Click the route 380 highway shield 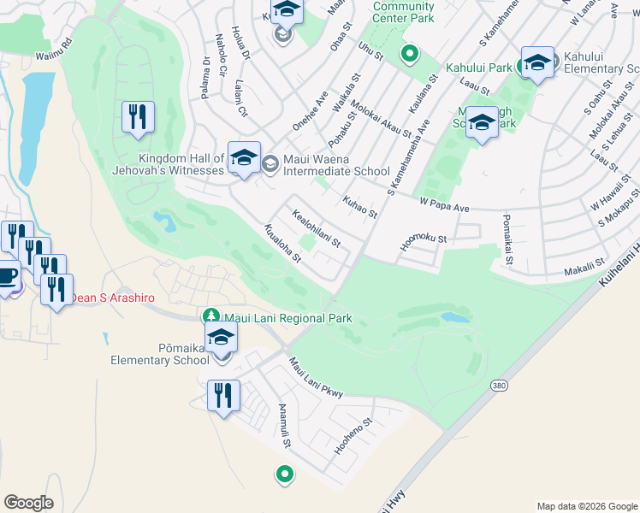click(x=500, y=386)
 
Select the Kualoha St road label click(x=283, y=243)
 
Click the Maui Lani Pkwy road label click(x=315, y=378)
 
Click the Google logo click(x=28, y=503)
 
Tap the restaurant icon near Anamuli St click(x=223, y=397)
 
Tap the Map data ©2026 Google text click(x=586, y=506)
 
